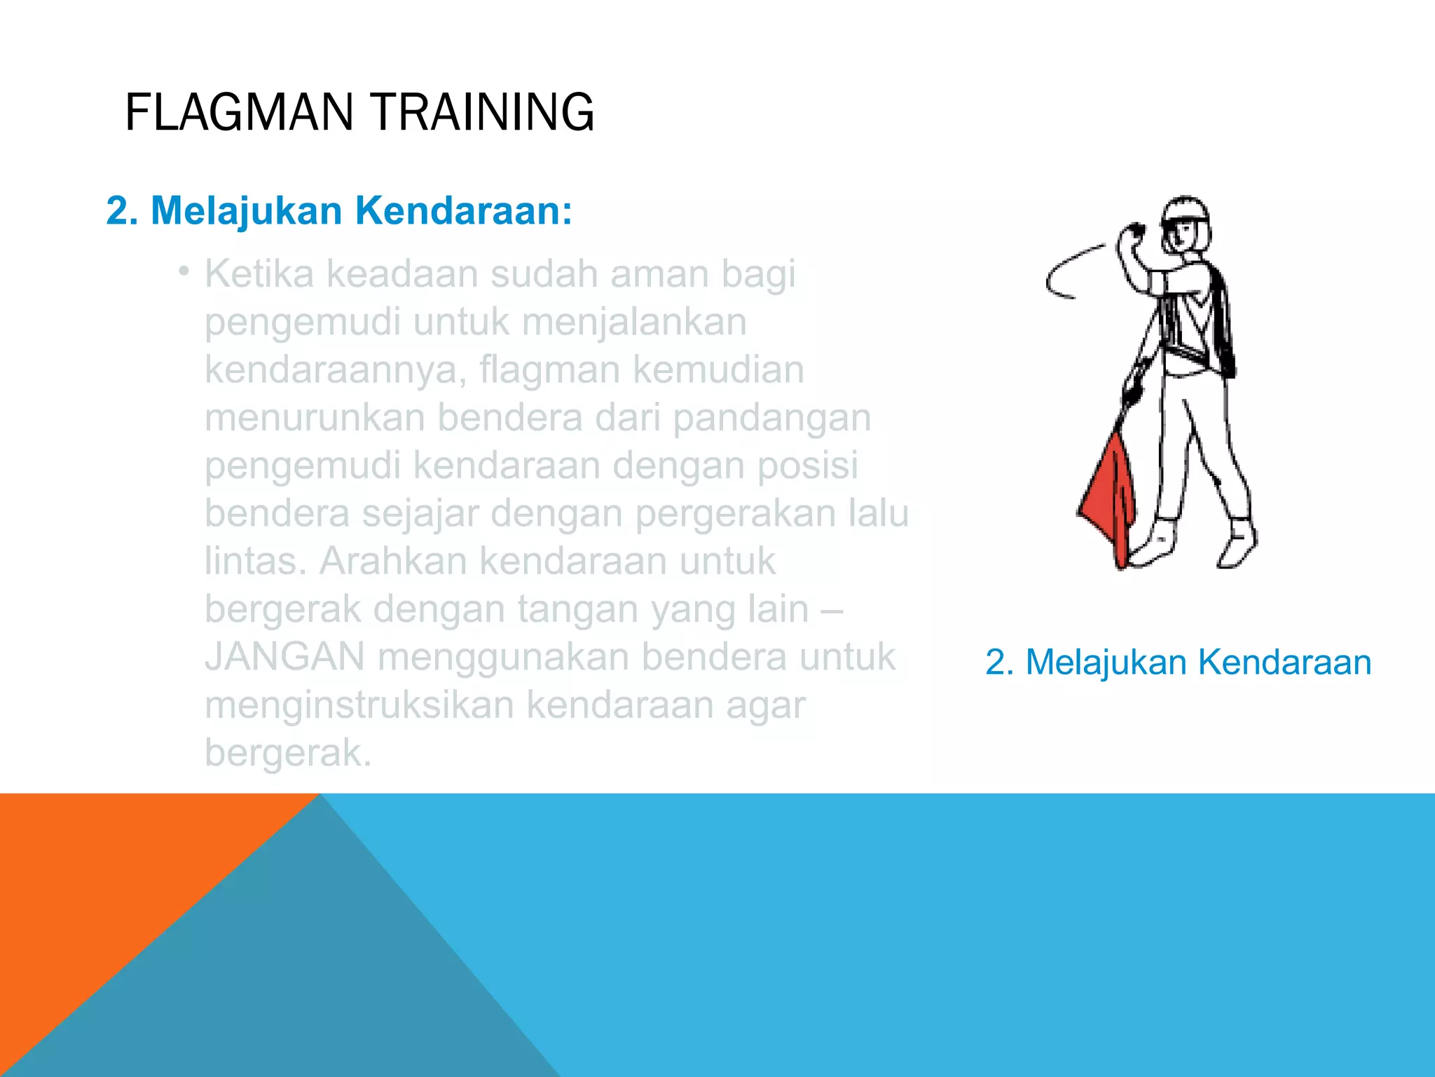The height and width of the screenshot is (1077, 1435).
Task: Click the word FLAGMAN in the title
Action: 238,112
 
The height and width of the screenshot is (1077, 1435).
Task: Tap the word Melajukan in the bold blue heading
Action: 246,210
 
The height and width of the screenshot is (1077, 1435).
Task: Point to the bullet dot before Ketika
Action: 183,271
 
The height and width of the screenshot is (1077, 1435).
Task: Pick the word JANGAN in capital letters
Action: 284,657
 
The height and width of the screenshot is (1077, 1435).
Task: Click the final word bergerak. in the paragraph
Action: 288,752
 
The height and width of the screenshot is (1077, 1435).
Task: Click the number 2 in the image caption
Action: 995,662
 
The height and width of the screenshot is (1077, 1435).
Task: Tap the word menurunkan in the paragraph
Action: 315,417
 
